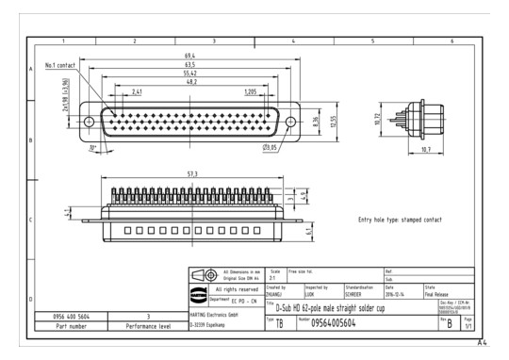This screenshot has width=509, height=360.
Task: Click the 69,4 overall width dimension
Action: pos(190,56)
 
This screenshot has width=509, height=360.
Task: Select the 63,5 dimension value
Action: pos(190,65)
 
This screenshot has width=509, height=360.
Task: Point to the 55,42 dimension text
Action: pos(190,74)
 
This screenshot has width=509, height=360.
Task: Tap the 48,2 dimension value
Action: pos(190,83)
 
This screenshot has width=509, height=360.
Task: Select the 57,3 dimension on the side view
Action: pos(191,174)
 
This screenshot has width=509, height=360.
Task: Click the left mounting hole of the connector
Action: pos(90,121)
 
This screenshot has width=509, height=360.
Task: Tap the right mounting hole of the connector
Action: pos(291,121)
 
